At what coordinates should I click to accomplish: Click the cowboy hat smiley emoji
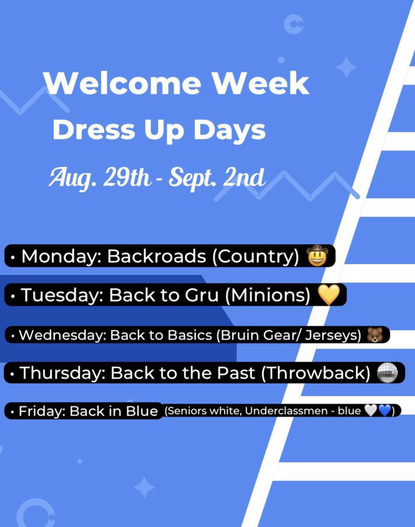point(317,256)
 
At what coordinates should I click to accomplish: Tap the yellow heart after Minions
point(329,295)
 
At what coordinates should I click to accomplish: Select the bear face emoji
point(375,334)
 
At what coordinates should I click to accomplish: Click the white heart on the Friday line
point(371,411)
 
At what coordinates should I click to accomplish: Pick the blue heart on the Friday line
point(384,411)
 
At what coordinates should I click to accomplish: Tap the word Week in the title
point(261,83)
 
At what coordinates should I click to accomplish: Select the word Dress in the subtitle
point(94,130)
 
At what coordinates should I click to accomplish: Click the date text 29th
point(126,177)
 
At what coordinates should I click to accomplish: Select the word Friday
point(42,411)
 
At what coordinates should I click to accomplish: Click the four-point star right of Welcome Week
point(346,67)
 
